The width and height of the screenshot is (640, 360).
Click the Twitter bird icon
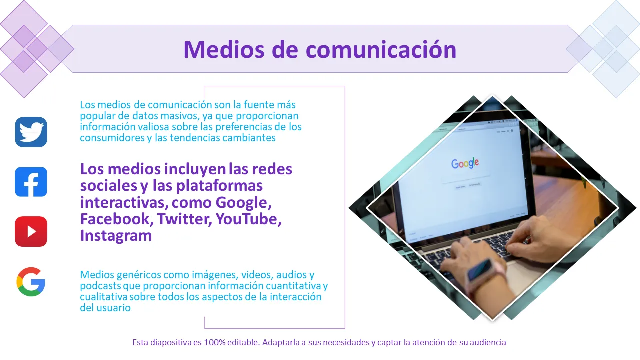31,132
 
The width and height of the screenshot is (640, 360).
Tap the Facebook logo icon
31,182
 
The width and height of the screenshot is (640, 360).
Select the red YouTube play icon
31,231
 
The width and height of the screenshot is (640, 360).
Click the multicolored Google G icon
31,282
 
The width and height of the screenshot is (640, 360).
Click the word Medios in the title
224,49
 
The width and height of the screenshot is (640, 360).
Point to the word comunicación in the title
381,49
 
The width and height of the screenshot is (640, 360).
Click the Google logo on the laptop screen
465,163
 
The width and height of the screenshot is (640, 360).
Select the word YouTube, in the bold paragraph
249,219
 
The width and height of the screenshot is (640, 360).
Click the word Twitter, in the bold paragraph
185,219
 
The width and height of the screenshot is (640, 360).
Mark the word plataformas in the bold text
219,186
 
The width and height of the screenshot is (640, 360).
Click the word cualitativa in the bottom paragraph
103,297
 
